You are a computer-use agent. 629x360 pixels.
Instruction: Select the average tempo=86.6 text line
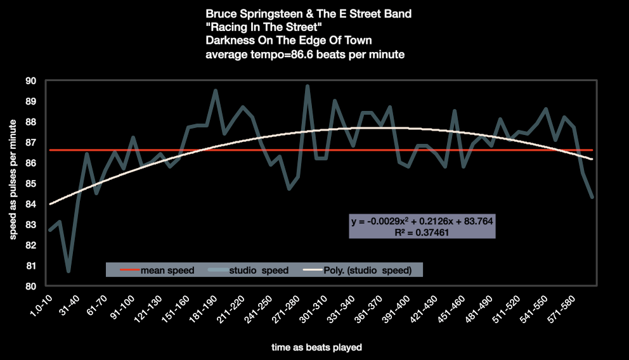coord(305,55)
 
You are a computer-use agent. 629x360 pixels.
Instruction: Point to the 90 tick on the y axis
coord(31,81)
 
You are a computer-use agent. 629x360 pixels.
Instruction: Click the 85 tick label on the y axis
coord(31,184)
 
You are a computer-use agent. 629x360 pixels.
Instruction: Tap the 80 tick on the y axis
coord(31,286)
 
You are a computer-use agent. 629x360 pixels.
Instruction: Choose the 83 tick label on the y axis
coord(31,225)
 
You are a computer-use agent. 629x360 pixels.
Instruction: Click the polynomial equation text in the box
coord(422,222)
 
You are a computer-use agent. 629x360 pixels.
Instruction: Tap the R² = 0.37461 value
coord(422,233)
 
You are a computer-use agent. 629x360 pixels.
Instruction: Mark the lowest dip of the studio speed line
coord(68,271)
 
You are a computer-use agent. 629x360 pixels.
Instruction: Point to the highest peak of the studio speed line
coord(308,86)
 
